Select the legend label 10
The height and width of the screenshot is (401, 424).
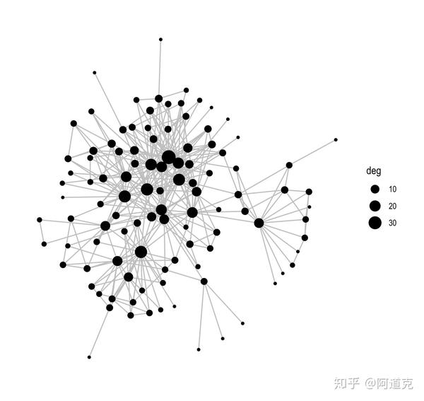coord(392,189)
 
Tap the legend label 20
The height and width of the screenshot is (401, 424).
coord(392,206)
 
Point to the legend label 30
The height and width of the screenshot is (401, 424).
coord(392,223)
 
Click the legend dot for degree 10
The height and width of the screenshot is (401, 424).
coord(375,189)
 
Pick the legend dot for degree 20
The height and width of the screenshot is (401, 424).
coord(375,206)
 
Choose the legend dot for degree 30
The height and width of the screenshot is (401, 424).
coord(375,223)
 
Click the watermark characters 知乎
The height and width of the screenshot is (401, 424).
coord(346,383)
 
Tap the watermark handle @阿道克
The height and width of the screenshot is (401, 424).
coord(389,383)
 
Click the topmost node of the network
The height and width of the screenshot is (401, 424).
coord(160,39)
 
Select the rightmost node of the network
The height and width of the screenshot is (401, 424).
coord(336,140)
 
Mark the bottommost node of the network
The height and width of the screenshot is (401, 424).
coord(89,357)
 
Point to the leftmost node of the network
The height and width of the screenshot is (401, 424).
coord(40,219)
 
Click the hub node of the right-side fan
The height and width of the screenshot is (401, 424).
coord(259,223)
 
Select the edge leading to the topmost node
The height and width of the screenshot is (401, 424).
coord(160,67)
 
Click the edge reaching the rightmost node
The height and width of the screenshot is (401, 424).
coord(312,152)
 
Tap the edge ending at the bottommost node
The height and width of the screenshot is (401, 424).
coord(99,332)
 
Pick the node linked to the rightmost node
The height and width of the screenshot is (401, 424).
coord(289,165)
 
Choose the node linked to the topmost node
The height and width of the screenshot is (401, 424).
coord(158,98)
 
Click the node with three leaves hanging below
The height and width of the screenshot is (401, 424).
coord(204,281)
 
